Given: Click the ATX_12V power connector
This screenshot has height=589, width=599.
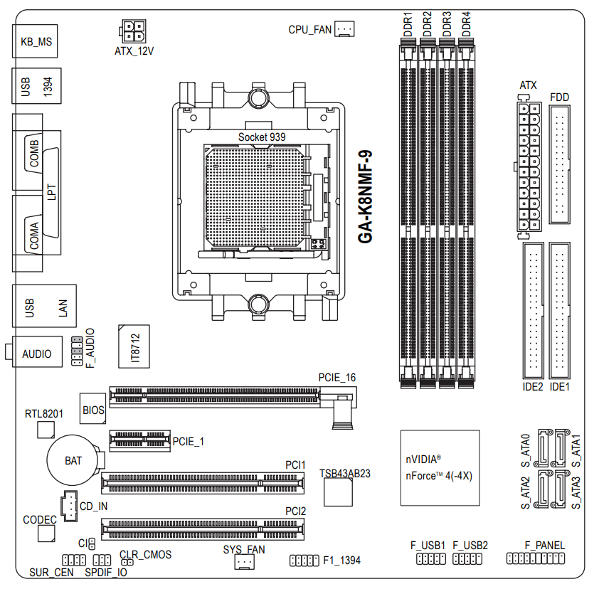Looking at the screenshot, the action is point(133,31).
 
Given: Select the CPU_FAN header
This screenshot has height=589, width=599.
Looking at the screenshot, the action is point(344,29).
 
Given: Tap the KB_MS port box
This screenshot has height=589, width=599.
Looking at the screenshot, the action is point(35,41).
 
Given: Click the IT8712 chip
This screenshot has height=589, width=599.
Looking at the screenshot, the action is point(134,346).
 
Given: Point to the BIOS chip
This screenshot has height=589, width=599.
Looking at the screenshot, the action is point(92,408).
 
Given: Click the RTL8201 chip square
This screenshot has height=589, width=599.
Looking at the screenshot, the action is point(46,430).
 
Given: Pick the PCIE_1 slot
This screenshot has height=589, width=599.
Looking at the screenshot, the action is point(140,441).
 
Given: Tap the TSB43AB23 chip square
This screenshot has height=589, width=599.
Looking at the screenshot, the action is point(338,492).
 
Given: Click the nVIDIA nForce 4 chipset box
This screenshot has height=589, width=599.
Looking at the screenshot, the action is point(440,468).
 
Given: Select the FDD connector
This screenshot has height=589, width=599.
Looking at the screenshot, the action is point(560,164).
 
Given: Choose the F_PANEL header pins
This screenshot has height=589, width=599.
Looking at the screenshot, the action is point(536,558).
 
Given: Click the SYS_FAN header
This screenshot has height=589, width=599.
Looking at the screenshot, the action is point(245,562).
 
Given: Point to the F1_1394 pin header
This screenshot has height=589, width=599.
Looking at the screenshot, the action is point(304,561).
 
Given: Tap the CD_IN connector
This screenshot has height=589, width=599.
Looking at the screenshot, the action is point(69,506).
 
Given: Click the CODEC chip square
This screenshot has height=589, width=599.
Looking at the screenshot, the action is point(46,534).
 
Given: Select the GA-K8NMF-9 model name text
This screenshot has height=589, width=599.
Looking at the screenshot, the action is point(365,197).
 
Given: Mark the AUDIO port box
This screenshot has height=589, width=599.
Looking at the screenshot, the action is point(37,352).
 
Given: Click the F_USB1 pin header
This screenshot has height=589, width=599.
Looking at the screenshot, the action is point(431,559).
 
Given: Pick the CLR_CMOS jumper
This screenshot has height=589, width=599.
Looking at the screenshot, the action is point(127,562).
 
